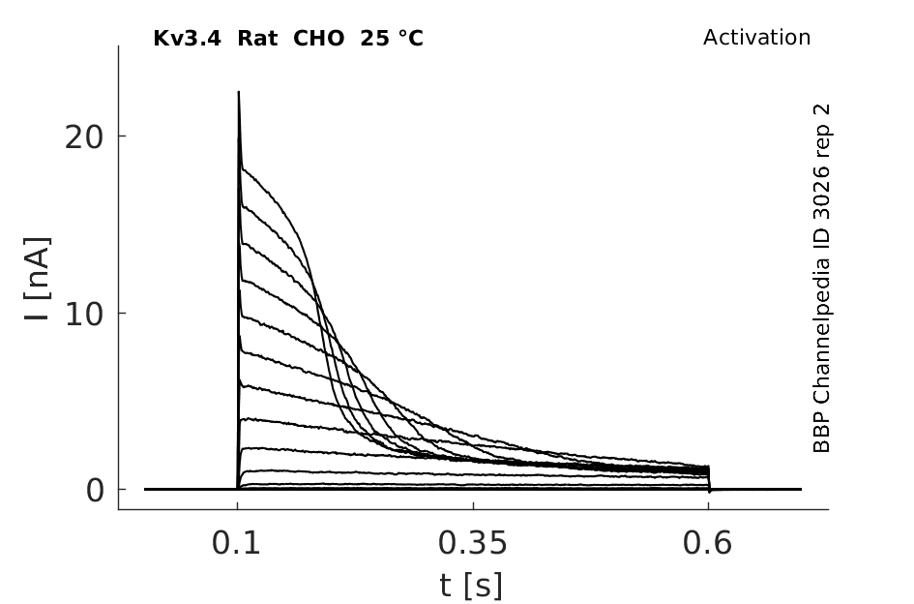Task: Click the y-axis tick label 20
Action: pos(83,137)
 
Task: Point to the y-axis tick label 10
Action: pos(83,315)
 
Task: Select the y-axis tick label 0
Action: pos(95,491)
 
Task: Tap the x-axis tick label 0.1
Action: pos(235,543)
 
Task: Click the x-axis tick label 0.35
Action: pos(473,543)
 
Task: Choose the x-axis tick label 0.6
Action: pos(707,543)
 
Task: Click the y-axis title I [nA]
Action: pos(38,279)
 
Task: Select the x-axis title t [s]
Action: pos(470,586)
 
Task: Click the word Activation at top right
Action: pos(756,38)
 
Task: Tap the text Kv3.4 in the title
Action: pos(187,39)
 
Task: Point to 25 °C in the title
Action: pos(392,39)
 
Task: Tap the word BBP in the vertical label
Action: pos(821,432)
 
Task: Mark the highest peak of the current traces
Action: pos(238,92)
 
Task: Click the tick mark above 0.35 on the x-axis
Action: pos(473,505)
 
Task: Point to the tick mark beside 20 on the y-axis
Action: pos(122,136)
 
